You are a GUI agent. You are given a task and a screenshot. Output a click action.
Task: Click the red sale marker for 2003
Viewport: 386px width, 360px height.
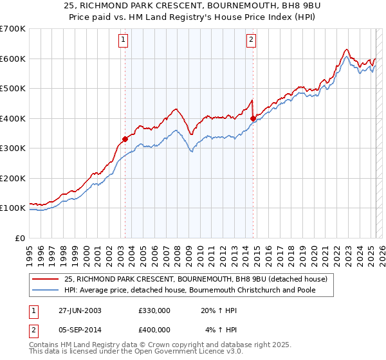(125, 139)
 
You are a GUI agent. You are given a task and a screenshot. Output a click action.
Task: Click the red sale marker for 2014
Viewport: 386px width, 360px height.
(253, 118)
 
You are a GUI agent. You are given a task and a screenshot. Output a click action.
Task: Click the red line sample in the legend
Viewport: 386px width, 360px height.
(46, 279)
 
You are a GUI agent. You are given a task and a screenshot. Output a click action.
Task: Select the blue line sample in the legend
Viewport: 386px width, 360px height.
(46, 290)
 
